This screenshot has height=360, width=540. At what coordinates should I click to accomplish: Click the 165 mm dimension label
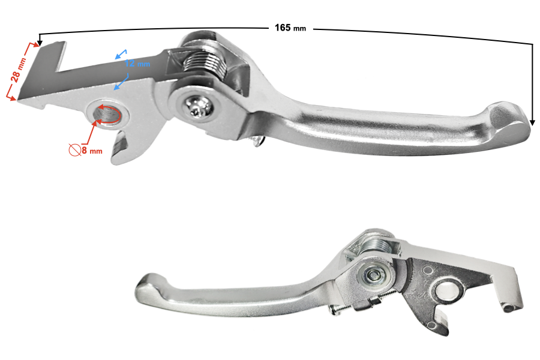coord(290,28)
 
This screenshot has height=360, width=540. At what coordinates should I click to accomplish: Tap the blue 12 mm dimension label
coord(137,64)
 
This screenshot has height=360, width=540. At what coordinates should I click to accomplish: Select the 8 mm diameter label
coord(92,151)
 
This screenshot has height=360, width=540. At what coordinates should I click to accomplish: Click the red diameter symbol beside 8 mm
coord(74,149)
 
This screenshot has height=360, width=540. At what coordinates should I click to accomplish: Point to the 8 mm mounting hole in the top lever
coord(107,114)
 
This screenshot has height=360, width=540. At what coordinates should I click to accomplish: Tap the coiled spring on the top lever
coord(205,64)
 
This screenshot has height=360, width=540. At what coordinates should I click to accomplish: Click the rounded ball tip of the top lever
coord(509,120)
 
